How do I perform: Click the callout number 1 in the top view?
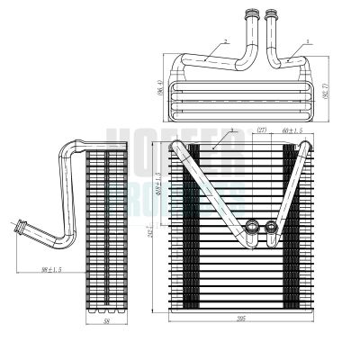pos(309,40)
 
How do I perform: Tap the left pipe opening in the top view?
pos(249,12)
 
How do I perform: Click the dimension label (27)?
pos(263,132)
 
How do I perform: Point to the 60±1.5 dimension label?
pos(292,132)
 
